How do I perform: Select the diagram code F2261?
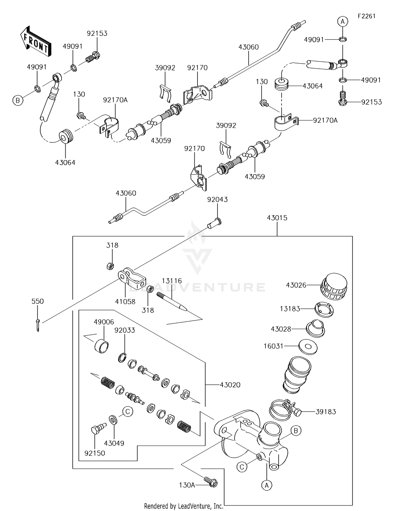[x=367, y=16]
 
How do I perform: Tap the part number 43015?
[x=277, y=218]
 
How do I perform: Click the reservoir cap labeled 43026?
[x=333, y=287]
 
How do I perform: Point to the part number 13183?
[x=290, y=309]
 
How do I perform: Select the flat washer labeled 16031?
[x=308, y=347]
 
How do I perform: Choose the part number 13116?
[x=172, y=281]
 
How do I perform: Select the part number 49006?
[x=104, y=322]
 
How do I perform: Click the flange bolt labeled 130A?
[x=211, y=481]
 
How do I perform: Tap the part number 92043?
[x=217, y=200]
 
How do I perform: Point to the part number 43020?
[x=230, y=385]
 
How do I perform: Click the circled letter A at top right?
[x=343, y=21]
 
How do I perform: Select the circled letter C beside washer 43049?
[x=128, y=412]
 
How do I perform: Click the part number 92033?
[x=125, y=330]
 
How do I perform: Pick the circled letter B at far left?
[x=18, y=100]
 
